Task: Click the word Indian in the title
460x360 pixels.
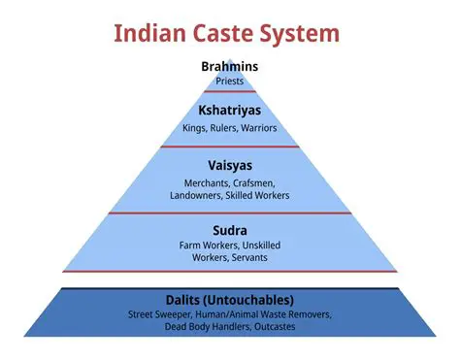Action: point(151,33)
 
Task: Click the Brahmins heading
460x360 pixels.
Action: point(229,67)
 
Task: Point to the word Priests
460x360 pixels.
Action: point(229,82)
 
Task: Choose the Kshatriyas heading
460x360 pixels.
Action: point(229,110)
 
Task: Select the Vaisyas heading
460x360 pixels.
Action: point(229,164)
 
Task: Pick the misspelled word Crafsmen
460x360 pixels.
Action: point(257,182)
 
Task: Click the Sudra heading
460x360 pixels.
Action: point(229,231)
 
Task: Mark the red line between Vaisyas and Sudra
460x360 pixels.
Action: point(229,213)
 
